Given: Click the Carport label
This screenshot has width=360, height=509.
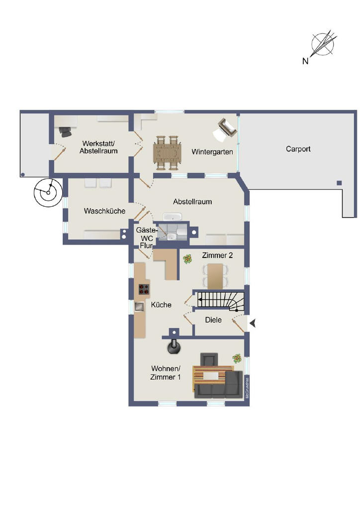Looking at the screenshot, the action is [x=298, y=149].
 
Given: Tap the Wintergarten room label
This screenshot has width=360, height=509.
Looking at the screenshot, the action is [x=212, y=152].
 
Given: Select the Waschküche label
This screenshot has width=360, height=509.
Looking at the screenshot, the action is [x=104, y=211].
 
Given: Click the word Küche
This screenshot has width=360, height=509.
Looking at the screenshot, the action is [x=161, y=305].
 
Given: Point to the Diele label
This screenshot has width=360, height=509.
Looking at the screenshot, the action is [x=213, y=320].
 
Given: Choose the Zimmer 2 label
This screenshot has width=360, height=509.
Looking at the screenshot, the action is [x=217, y=255].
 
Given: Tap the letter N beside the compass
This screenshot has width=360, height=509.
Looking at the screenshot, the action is [x=305, y=61].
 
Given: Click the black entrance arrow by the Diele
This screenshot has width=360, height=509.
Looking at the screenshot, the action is [x=253, y=323].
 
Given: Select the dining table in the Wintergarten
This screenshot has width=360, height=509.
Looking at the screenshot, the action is [x=168, y=153].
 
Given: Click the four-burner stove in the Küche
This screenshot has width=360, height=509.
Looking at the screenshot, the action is [x=144, y=289].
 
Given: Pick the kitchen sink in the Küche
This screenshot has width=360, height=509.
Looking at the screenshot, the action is [x=140, y=306].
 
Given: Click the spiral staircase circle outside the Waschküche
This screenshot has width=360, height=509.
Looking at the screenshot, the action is [x=48, y=193].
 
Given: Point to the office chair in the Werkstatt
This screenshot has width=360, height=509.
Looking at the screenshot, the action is [x=65, y=131].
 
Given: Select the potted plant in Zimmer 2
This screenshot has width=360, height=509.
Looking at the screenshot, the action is [x=187, y=258].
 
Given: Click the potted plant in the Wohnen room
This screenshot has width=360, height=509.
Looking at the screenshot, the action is [x=237, y=358].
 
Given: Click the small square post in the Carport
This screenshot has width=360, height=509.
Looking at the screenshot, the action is [x=339, y=183].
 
